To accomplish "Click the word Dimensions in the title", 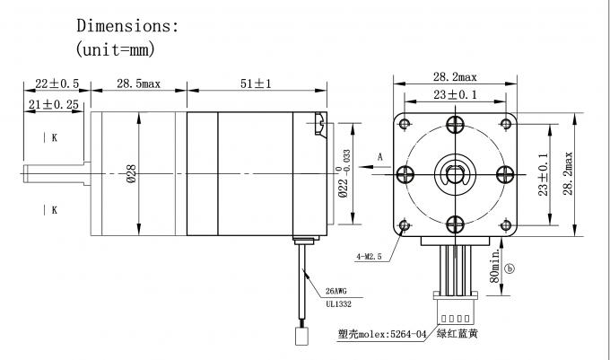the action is click(125, 26).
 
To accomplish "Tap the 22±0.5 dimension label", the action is click(57, 83).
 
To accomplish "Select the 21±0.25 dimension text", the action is click(53, 104).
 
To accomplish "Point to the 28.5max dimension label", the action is click(138, 83).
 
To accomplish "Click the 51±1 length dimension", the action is click(256, 83).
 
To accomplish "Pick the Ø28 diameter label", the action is click(132, 173).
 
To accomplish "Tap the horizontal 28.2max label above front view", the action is click(455, 77).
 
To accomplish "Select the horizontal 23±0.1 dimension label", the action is click(455, 94).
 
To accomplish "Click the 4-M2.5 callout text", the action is click(370, 257).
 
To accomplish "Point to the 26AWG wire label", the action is click(335, 291).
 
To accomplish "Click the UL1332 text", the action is click(338, 304).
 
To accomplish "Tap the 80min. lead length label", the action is click(494, 267).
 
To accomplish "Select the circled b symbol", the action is click(510, 268).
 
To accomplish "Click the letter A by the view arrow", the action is click(380, 157).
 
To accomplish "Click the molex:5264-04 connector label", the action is click(392, 334).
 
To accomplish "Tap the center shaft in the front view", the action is click(455, 174).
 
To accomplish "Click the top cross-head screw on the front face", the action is click(455, 125).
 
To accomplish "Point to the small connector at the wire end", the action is click(301, 337).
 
